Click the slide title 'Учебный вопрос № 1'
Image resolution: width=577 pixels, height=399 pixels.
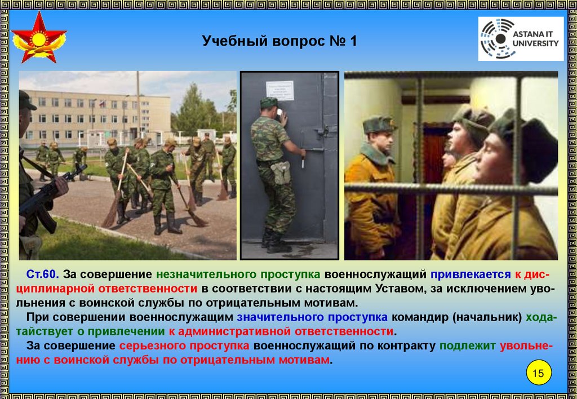279,41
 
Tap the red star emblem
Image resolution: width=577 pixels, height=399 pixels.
39,37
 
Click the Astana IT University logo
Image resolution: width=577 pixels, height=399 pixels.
521,39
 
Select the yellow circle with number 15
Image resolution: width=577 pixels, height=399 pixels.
539,373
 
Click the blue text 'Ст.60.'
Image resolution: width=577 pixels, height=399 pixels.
43,274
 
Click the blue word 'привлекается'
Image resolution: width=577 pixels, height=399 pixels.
471,274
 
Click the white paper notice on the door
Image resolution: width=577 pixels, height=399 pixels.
279,91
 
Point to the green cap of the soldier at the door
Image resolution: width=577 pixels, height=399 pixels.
269,103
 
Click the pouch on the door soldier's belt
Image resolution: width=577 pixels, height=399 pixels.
281,172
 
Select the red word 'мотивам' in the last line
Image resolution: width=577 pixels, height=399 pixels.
304,360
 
